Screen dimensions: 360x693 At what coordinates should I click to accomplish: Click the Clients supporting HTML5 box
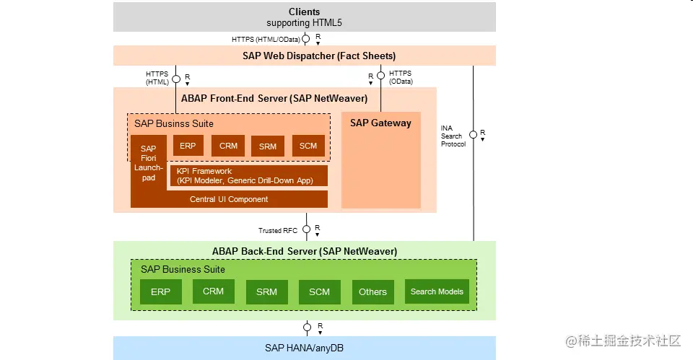tap(304, 17)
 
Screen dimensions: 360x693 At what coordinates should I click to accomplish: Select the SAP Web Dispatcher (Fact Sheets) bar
tap(304, 56)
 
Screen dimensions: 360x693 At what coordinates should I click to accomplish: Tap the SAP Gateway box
tap(380, 159)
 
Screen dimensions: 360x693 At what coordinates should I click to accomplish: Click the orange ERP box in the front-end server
tap(188, 146)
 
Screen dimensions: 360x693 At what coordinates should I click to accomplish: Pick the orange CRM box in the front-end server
tap(228, 146)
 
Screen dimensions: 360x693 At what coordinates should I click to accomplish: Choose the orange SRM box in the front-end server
tap(268, 146)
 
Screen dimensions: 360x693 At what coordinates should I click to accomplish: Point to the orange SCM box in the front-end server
tap(308, 146)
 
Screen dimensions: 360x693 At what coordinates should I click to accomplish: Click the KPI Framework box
tap(248, 176)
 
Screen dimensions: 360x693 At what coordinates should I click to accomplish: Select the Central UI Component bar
tap(229, 199)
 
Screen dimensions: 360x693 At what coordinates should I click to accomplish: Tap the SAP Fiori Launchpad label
tap(149, 163)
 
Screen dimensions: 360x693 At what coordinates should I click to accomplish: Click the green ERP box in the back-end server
tap(160, 291)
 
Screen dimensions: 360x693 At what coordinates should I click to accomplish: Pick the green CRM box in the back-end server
tap(214, 291)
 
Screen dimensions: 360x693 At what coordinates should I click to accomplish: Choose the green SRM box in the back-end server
tap(266, 291)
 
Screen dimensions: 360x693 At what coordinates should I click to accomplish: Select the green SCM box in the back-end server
tap(319, 291)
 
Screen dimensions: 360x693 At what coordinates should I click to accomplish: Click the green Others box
tap(372, 291)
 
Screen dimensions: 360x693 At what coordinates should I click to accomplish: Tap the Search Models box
tap(437, 291)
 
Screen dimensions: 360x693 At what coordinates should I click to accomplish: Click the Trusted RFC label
tap(278, 231)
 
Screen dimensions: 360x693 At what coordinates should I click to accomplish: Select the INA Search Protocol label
tap(453, 136)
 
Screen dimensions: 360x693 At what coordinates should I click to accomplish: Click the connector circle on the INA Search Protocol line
tap(473, 134)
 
